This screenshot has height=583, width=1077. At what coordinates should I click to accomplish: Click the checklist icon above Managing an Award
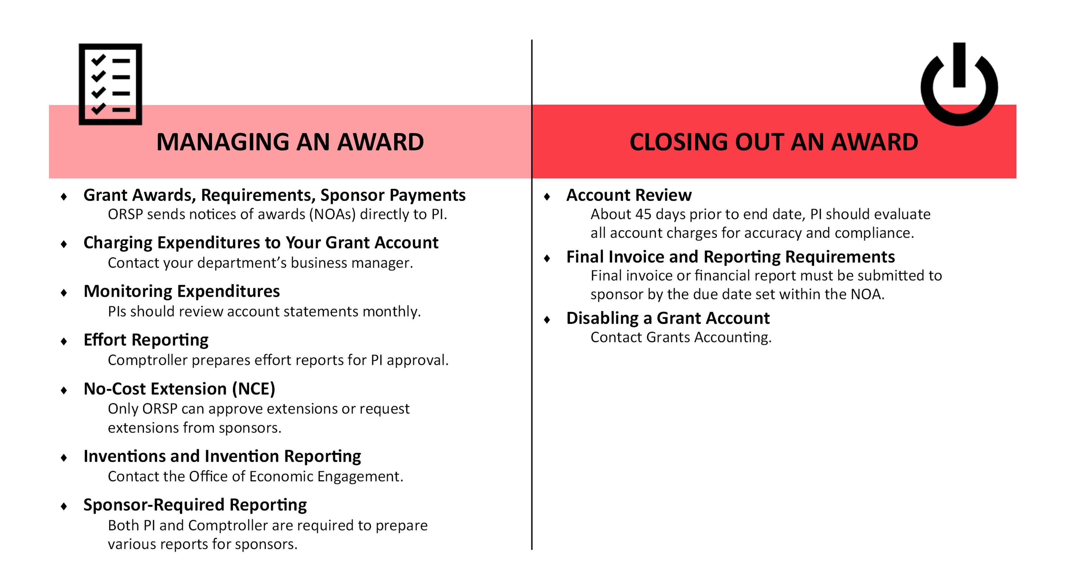[x=110, y=84]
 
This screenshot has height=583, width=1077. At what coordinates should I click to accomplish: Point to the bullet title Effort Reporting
[x=146, y=339]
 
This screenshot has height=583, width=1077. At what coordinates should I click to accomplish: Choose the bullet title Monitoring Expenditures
[x=181, y=291]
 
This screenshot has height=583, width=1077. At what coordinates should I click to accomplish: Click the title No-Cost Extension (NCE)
[x=179, y=388]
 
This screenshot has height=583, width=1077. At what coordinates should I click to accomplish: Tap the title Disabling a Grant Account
[x=668, y=318]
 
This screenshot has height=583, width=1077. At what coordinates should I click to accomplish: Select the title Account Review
[x=629, y=195]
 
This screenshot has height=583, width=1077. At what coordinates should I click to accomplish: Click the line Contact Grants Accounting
[x=681, y=337]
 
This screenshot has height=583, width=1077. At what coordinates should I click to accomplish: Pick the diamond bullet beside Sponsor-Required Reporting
[x=64, y=506]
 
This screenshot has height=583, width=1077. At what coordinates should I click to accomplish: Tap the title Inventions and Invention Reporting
[x=222, y=456]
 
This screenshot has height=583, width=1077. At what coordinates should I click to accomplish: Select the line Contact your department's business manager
[x=260, y=263]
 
